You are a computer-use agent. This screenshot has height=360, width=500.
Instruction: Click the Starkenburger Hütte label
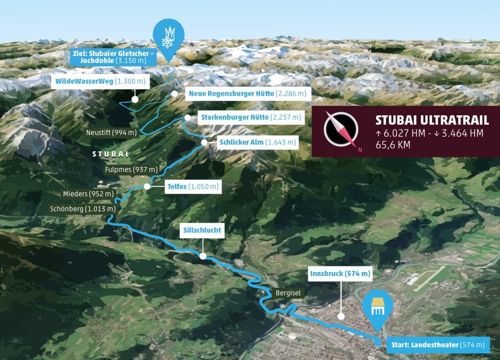(x=251, y=117)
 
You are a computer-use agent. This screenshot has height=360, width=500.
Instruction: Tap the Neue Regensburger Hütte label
(x=247, y=93)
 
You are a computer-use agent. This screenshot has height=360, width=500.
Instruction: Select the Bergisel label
(x=288, y=292)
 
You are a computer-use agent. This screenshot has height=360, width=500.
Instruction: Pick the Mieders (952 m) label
(x=88, y=194)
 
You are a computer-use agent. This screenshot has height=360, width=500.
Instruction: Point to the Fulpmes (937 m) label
(x=131, y=169)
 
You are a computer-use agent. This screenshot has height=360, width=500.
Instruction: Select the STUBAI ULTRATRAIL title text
(x=432, y=121)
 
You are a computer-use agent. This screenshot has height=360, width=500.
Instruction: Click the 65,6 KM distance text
(x=393, y=145)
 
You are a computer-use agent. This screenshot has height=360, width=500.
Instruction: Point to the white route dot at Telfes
(x=147, y=186)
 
